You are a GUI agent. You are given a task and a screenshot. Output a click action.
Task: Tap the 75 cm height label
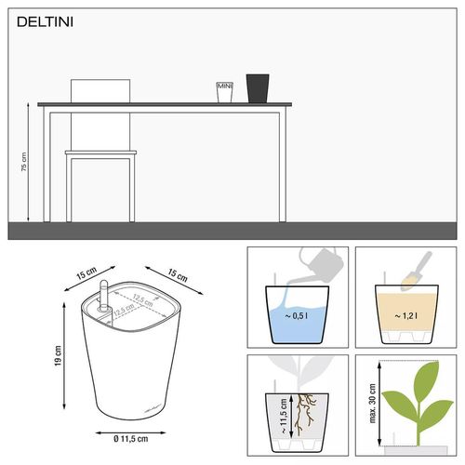tap(24, 163)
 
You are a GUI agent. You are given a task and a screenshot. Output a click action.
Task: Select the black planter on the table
tap(257, 88)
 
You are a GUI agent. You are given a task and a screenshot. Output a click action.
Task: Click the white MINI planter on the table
tap(223, 92)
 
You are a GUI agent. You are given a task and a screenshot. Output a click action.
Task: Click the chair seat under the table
tap(100, 153)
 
